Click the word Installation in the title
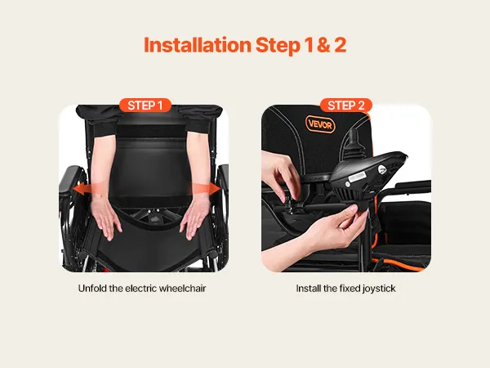tap(198, 45)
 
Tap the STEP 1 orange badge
tap(145, 105)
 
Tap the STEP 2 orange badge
tap(346, 105)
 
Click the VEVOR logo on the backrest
tap(320, 124)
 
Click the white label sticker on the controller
tap(357, 178)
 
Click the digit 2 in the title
tap(340, 45)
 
